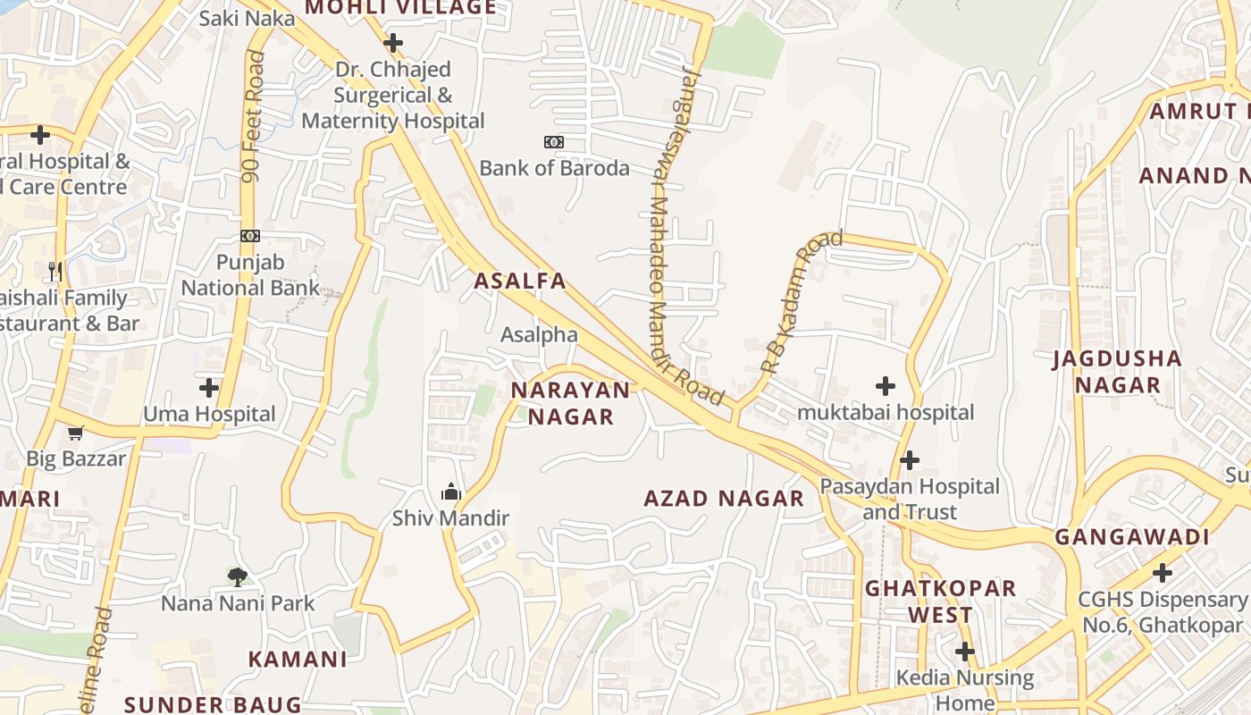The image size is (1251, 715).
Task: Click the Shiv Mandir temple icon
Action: pyautogui.click(x=451, y=492)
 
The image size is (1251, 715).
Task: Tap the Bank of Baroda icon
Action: pyautogui.click(x=554, y=142)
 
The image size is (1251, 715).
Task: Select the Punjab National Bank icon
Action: pyautogui.click(x=250, y=236)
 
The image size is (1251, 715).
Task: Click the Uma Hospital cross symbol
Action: pyautogui.click(x=209, y=388)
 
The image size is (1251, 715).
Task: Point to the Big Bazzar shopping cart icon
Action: pyautogui.click(x=76, y=433)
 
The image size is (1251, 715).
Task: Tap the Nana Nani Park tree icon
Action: pyautogui.click(x=237, y=576)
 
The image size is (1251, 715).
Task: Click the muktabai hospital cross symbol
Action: pyautogui.click(x=886, y=386)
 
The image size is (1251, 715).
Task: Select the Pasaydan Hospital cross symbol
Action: pyautogui.click(x=910, y=460)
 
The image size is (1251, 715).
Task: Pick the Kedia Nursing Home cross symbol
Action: pyautogui.click(x=965, y=652)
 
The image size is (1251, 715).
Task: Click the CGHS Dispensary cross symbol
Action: pyautogui.click(x=1163, y=572)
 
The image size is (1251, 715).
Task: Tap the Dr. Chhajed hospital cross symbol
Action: pyautogui.click(x=393, y=43)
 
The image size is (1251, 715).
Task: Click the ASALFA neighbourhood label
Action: pyautogui.click(x=520, y=281)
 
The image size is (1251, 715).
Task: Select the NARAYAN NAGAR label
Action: pyautogui.click(x=570, y=403)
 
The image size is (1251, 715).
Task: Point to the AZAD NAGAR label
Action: pyautogui.click(x=724, y=499)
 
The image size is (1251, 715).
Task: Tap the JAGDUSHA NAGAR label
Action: pyautogui.click(x=1117, y=372)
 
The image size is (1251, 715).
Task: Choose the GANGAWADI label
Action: pyautogui.click(x=1132, y=537)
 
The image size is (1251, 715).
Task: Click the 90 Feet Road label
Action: pyautogui.click(x=254, y=116)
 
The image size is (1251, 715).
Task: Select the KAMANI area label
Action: pyautogui.click(x=297, y=660)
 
